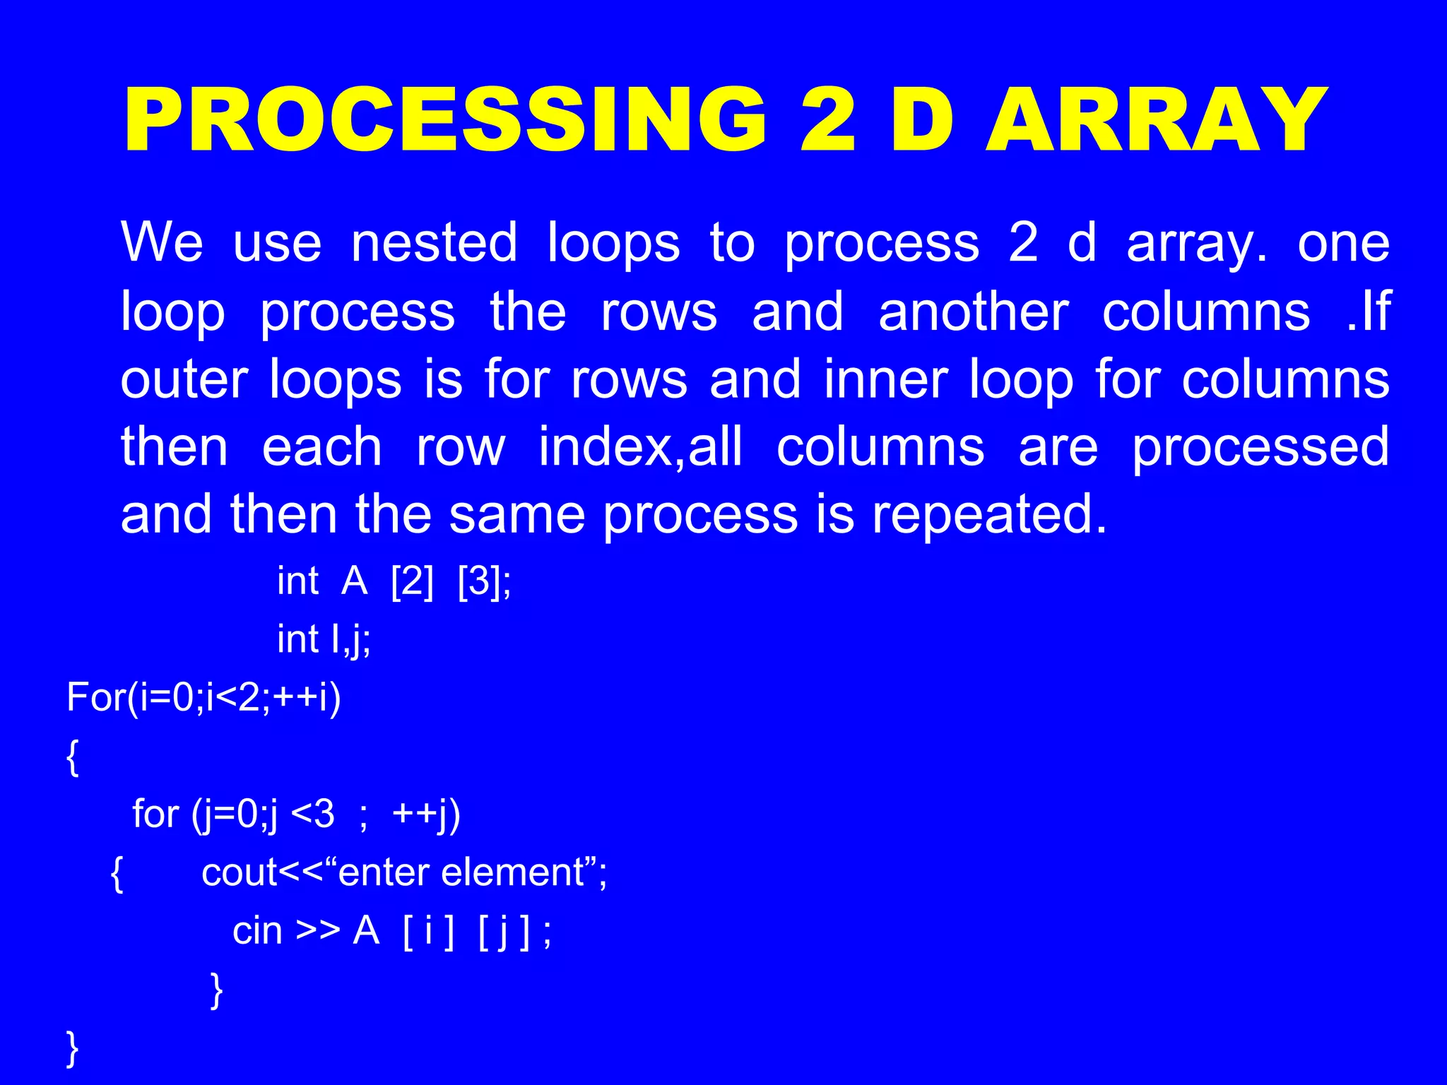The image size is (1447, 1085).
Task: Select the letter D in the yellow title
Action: point(922,120)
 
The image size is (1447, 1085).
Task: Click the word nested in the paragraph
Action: point(434,242)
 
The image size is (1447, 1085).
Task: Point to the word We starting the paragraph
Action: point(162,242)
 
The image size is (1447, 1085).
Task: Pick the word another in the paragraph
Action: point(973,312)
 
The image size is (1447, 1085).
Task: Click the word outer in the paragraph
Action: point(184,380)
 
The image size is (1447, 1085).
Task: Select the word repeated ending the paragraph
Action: point(989,515)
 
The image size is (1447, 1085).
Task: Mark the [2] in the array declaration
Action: point(412,582)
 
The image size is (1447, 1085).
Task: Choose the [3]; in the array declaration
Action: point(485,582)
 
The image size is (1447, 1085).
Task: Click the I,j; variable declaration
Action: point(350,640)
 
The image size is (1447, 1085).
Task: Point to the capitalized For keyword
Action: point(96,698)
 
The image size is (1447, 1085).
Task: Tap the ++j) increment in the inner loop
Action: point(426,814)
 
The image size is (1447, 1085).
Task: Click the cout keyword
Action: point(239,873)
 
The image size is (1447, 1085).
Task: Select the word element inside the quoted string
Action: point(513,873)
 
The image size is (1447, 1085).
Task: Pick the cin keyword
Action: point(257,931)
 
